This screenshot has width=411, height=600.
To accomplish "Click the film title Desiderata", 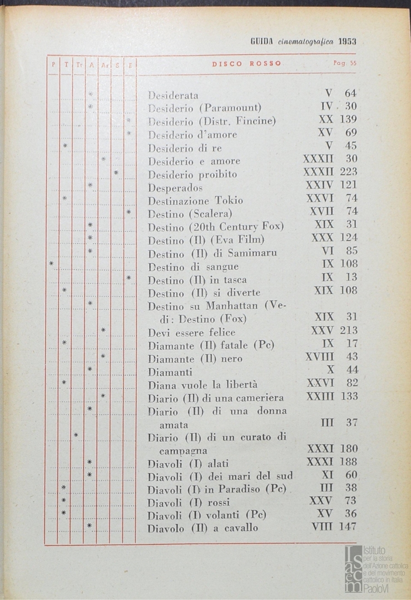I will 173,95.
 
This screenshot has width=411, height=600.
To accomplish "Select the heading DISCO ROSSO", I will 246,63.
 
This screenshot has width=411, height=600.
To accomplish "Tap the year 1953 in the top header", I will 346,41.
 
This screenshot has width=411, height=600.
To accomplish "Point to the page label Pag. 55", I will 345,63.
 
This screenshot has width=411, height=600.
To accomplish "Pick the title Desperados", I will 175,188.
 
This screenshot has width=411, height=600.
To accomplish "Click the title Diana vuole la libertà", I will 202,384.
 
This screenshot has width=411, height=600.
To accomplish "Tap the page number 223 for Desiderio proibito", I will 348,172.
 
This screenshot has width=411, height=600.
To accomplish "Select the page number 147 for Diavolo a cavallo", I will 347,527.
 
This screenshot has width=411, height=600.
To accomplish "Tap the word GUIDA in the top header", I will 261,41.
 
